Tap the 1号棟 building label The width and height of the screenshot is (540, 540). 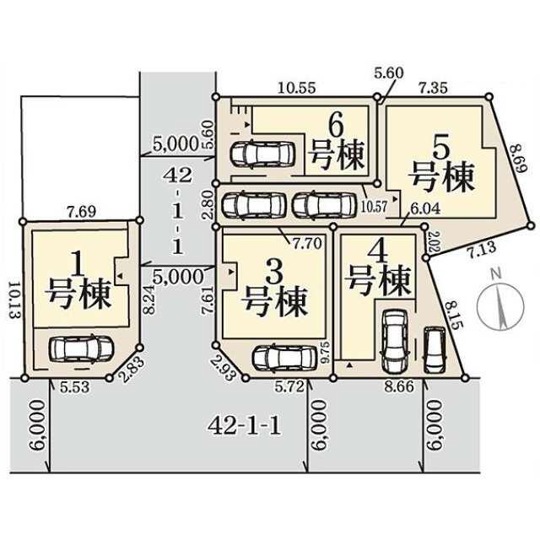point(79,282)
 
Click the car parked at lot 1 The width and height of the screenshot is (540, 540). point(77,348)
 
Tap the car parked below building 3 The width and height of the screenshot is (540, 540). point(284,358)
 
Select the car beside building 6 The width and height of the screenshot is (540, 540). point(262,154)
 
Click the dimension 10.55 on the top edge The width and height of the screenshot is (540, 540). point(296,87)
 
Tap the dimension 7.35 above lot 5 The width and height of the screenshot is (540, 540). point(436,87)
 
